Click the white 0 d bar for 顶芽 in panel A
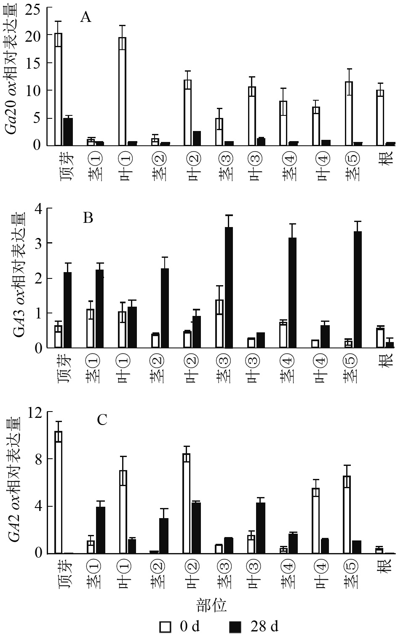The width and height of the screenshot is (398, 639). pos(58,89)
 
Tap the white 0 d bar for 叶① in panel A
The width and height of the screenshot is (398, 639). pos(123,91)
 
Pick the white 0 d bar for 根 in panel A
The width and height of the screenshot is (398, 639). pos(380,118)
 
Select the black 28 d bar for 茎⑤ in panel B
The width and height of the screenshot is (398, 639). pos(358,289)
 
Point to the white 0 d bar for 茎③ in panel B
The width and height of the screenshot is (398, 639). pos(219,324)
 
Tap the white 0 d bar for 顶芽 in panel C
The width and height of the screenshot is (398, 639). pos(58,492)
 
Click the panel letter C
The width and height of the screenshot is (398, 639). pos(102,420)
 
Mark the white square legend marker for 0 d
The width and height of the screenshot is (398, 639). pos(165,627)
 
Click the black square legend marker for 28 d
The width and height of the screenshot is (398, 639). pos(235,627)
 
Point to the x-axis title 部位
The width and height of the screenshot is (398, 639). pos(211,605)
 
